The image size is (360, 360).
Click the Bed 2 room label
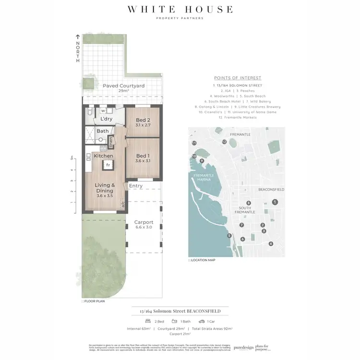pos(144,120)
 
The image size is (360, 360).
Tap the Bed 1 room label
pos(143,156)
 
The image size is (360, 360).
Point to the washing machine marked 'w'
pos(103,111)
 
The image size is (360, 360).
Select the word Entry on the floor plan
pos(136,186)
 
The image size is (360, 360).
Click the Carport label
pos(144,222)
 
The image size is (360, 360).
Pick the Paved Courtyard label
pos(124,85)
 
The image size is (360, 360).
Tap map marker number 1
pos(275,202)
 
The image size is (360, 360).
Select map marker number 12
pos(224,142)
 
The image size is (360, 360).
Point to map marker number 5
pos(229,235)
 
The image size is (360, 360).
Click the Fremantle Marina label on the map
pos(206,178)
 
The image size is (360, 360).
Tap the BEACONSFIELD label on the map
pos(272,190)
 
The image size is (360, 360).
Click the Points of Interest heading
pos(238,78)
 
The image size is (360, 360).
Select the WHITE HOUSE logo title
pos(180,9)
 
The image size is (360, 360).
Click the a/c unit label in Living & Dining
pos(122,203)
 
